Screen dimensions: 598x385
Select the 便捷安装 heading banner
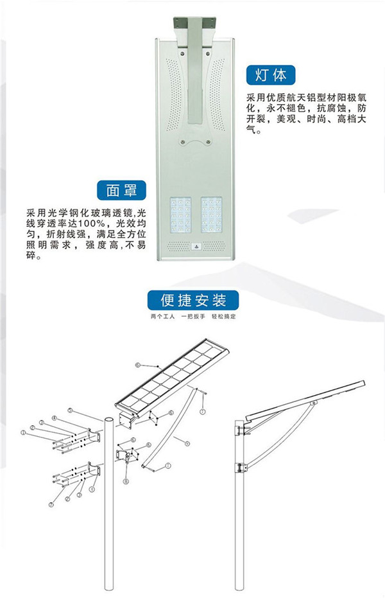[x=193, y=300]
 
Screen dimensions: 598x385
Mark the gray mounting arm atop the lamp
[x=193, y=58]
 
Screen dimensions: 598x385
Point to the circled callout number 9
[x=186, y=444]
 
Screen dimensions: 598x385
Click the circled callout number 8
[x=126, y=481]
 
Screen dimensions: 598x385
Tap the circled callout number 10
[x=137, y=365]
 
